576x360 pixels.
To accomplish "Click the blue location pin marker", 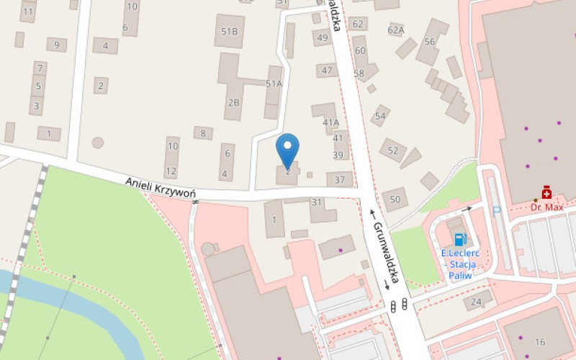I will pyautogui.click(x=288, y=149).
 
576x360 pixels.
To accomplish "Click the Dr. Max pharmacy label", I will pyautogui.click(x=546, y=207).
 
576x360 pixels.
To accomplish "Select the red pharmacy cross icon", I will pyautogui.click(x=547, y=192).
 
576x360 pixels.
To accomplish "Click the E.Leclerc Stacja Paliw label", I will pyautogui.click(x=460, y=264).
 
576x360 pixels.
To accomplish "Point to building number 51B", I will pyautogui.click(x=230, y=31).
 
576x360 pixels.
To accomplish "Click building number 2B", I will pyautogui.click(x=233, y=102).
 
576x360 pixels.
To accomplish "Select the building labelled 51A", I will pyautogui.click(x=274, y=84).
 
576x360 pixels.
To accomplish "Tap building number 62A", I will pyautogui.click(x=396, y=30).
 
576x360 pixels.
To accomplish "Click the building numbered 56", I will pyautogui.click(x=430, y=42).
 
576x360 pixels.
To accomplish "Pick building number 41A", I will pyautogui.click(x=330, y=122).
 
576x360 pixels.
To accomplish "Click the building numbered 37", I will pyautogui.click(x=340, y=179).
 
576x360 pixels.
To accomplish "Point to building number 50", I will pyautogui.click(x=395, y=199).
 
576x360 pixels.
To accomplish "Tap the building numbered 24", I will pyautogui.click(x=477, y=302).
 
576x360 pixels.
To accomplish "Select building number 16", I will pyautogui.click(x=540, y=341).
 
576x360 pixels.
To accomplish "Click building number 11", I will pyautogui.click(x=28, y=12).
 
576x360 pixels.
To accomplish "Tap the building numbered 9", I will pyautogui.click(x=56, y=45).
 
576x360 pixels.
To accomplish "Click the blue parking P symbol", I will pyautogui.click(x=496, y=210).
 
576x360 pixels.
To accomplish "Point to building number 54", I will pyautogui.click(x=380, y=115).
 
